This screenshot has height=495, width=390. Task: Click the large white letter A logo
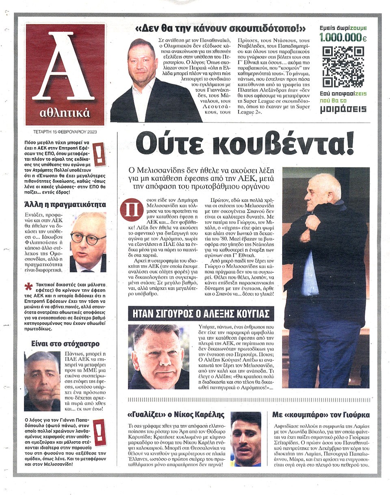click(x=64, y=67)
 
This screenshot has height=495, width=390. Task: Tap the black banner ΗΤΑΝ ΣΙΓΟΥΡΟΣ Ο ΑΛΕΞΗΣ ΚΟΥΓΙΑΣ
click(x=201, y=314)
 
